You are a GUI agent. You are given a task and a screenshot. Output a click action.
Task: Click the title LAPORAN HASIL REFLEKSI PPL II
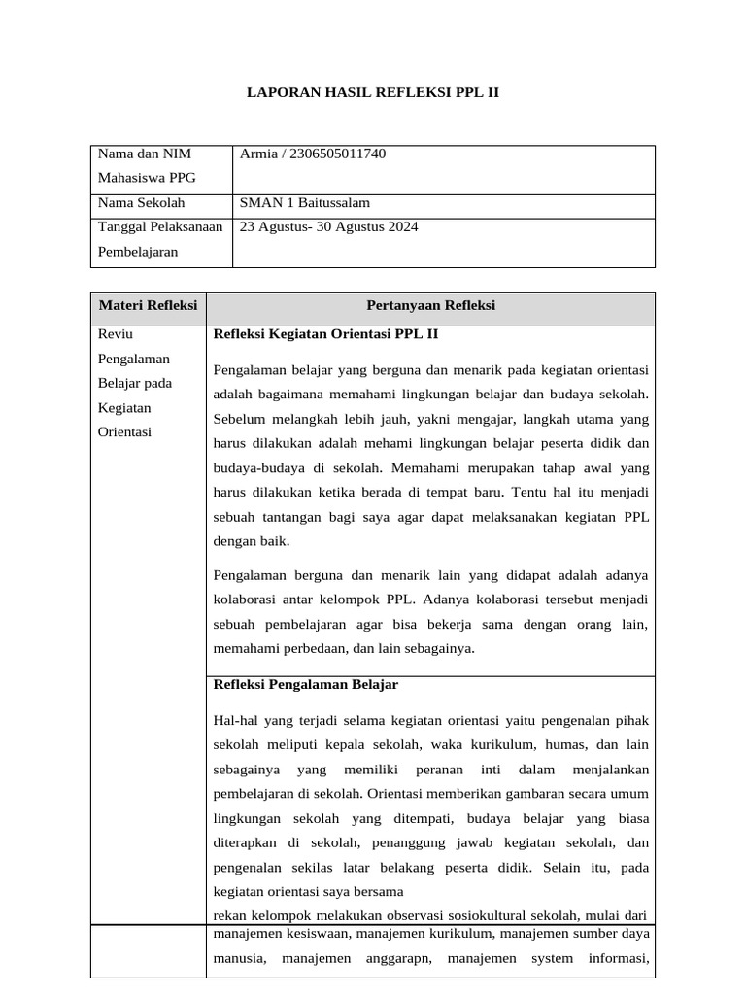[x=372, y=92]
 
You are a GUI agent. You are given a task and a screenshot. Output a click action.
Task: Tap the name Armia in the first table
[x=257, y=154]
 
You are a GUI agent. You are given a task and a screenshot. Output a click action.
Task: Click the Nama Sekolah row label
[x=142, y=203]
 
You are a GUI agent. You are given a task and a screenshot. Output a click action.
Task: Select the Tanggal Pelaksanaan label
[x=160, y=226]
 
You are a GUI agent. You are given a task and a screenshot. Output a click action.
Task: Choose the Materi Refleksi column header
[x=148, y=306]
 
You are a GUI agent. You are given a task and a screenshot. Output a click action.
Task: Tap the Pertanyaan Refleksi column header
[x=430, y=306]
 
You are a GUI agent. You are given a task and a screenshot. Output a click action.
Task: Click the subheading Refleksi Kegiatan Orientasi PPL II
[x=325, y=334]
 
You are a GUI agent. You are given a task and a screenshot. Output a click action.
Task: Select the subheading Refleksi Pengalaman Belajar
[x=305, y=684]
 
